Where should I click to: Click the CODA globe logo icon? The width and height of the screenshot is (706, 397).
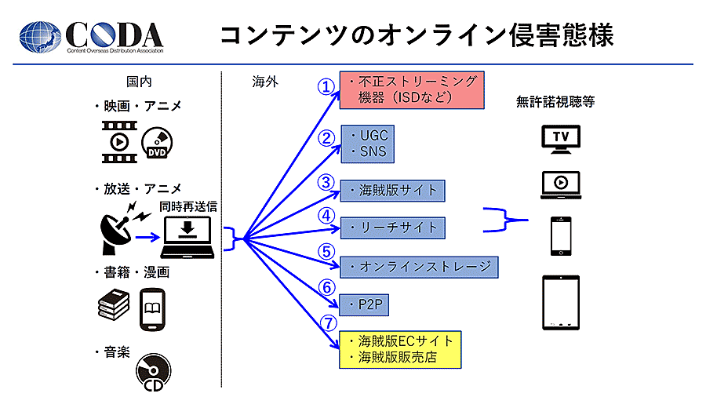point(40,36)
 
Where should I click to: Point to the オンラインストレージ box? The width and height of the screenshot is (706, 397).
point(419,267)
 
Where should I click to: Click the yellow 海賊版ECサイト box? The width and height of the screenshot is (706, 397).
point(400,349)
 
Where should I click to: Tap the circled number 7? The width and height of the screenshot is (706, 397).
point(329,323)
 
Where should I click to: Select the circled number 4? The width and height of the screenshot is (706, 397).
point(327,214)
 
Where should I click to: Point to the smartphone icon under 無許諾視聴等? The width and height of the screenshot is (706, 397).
point(560,235)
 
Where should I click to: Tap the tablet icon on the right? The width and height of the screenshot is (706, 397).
point(561,302)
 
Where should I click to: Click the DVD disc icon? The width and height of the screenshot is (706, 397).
point(157,144)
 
